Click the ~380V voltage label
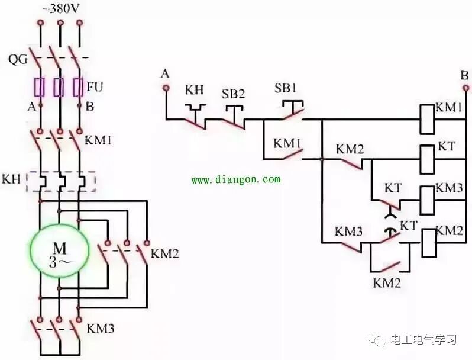coord(62,10)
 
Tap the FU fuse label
coord(95,87)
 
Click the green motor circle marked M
coord(59,252)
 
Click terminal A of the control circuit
coord(166,88)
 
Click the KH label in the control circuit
coord(194,90)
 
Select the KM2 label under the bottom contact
coord(386,282)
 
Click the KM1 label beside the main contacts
coord(99,141)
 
